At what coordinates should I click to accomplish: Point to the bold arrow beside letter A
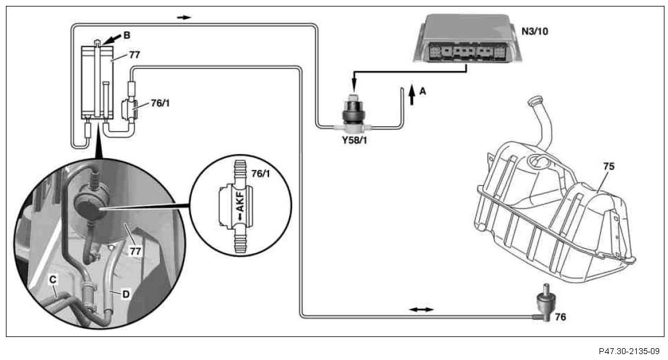click(411, 94)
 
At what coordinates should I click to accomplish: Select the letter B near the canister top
click(127, 35)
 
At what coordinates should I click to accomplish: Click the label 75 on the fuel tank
click(608, 166)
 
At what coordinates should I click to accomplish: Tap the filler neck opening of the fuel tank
click(535, 99)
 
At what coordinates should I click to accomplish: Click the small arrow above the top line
click(185, 17)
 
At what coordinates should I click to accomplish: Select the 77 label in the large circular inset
click(136, 251)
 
